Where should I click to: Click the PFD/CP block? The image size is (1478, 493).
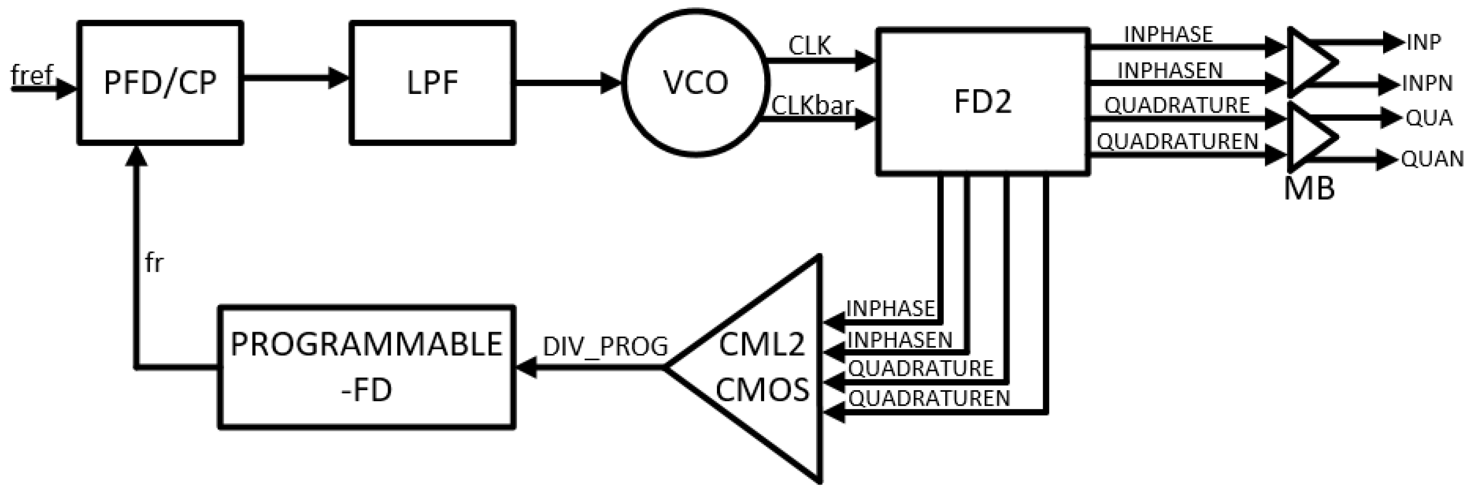point(160,83)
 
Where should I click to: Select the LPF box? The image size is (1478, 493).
point(432,83)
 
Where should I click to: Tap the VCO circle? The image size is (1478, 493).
point(695,83)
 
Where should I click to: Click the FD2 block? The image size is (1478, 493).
point(982,101)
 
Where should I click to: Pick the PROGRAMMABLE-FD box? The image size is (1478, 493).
point(366,367)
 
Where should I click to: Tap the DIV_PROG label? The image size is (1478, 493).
point(605,347)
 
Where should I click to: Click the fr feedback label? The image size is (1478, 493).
point(154,263)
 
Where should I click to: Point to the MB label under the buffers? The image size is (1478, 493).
point(1309,188)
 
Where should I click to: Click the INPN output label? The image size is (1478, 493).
point(1427,84)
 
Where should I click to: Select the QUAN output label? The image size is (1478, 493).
point(1432,159)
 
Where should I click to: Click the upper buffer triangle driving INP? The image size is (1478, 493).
point(1308,61)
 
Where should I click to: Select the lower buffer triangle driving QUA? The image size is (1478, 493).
point(1308,136)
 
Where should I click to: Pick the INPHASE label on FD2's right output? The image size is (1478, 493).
point(1168,34)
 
